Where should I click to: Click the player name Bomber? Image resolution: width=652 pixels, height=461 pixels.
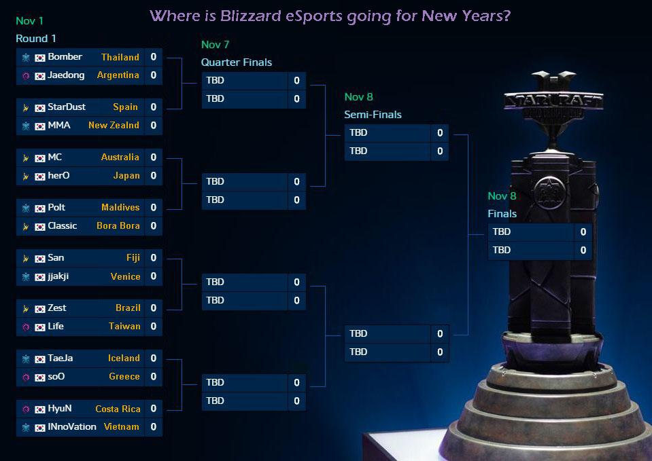pyautogui.click(x=65, y=57)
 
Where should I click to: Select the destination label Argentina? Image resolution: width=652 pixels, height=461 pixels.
pyautogui.click(x=118, y=75)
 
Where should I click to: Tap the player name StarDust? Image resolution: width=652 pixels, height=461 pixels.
pyautogui.click(x=68, y=107)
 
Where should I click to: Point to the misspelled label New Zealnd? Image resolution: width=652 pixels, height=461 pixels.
pyautogui.click(x=114, y=126)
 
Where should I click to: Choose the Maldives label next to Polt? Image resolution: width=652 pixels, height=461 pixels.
pyautogui.click(x=120, y=208)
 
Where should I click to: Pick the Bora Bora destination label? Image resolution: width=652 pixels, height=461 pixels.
pyautogui.click(x=118, y=226)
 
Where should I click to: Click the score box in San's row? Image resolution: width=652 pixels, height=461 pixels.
pyautogui.click(x=154, y=258)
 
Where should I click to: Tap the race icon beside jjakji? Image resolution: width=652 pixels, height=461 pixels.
pyautogui.click(x=26, y=277)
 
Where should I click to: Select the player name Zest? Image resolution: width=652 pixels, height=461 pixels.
pyautogui.click(x=57, y=308)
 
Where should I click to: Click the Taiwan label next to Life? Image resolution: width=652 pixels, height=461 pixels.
pyautogui.click(x=124, y=327)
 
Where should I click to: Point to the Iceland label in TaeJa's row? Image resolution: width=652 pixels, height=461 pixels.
pyautogui.click(x=124, y=358)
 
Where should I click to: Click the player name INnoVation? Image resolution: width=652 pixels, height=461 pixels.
pyautogui.click(x=72, y=427)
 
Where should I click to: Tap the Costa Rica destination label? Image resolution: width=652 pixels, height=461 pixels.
pyautogui.click(x=118, y=409)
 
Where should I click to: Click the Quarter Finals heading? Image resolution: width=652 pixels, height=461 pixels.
pyautogui.click(x=236, y=62)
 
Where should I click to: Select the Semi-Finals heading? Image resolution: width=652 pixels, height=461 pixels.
pyautogui.click(x=373, y=115)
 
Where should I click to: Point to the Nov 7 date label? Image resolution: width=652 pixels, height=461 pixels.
pyautogui.click(x=215, y=45)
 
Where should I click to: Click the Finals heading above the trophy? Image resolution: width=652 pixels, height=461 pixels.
pyautogui.click(x=502, y=214)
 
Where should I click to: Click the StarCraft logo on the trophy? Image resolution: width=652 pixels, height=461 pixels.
pyautogui.click(x=553, y=101)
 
